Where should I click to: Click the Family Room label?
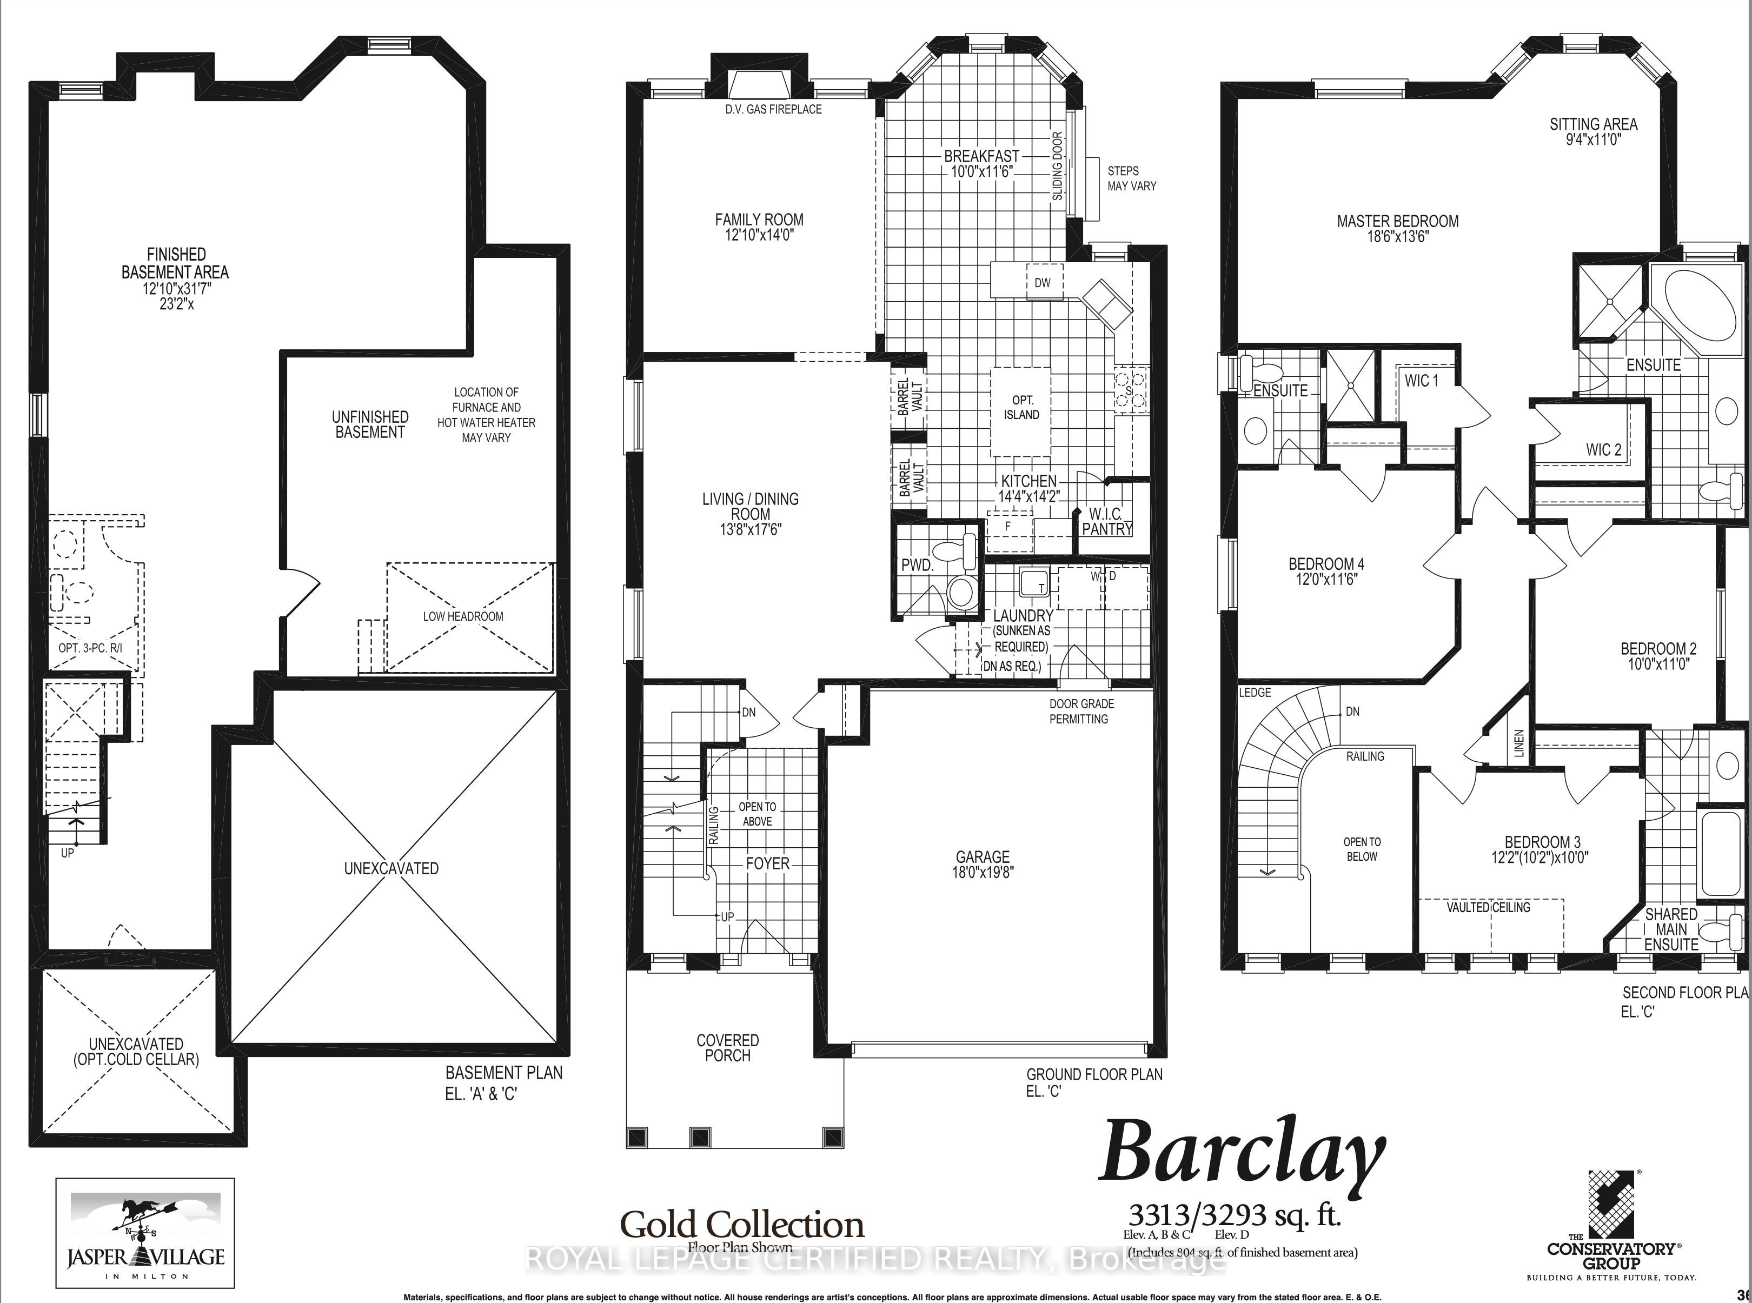point(759,220)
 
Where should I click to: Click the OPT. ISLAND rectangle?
point(1021,408)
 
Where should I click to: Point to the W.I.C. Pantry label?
point(1107,521)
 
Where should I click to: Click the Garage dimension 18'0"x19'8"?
point(982,872)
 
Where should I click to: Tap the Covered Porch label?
point(727,1047)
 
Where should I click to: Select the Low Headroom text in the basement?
point(463,616)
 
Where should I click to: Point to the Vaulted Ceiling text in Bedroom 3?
point(1488,907)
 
